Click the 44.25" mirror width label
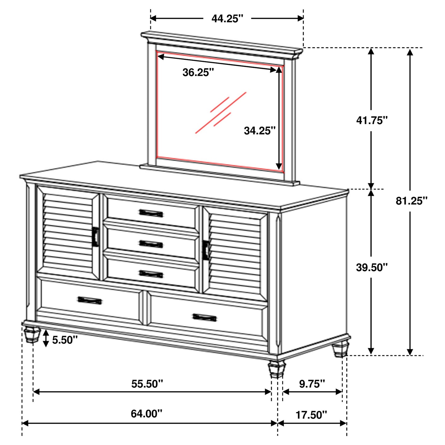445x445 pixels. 227,18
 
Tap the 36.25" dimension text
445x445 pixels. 198,73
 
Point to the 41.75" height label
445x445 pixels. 371,120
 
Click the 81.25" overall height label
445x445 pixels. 411,201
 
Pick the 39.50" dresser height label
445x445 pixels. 371,267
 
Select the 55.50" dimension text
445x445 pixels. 147,384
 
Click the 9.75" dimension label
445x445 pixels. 312,384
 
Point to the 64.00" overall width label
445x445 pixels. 146,414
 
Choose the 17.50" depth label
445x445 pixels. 311,415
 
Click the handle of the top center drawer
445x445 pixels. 151,213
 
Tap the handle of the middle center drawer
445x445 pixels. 151,244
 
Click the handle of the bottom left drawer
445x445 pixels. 90,300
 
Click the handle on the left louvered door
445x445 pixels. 95,237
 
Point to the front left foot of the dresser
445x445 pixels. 32,335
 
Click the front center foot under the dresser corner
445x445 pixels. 277,369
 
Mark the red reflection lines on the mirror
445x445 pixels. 221,112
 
